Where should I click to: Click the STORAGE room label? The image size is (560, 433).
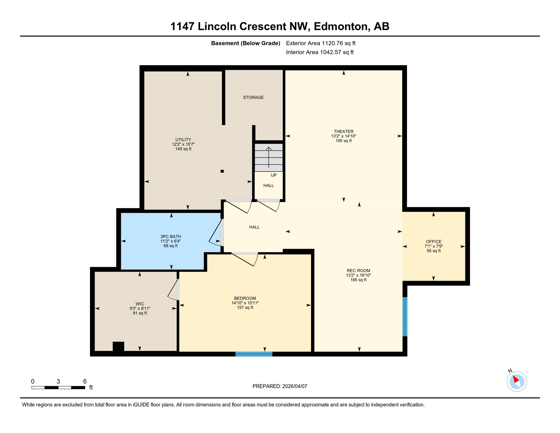click(x=253, y=97)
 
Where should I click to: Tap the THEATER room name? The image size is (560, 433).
click(x=343, y=131)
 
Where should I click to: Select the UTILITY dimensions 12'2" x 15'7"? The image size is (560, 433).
click(x=183, y=144)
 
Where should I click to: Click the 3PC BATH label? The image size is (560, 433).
click(x=171, y=237)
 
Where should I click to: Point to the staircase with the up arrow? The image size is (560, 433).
click(x=268, y=158)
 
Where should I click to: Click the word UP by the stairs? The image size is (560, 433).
click(x=274, y=175)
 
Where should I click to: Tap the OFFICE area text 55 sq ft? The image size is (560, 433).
click(x=434, y=251)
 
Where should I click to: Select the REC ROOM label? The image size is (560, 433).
click(x=358, y=271)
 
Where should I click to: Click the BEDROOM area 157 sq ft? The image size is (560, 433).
click(x=245, y=308)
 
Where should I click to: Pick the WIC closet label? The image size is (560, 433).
click(x=140, y=304)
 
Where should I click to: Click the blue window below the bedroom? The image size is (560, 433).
click(x=254, y=354)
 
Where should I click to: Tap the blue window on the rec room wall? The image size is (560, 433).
click(x=405, y=317)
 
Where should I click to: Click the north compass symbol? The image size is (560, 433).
click(x=517, y=381)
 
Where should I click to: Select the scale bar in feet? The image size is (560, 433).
click(x=58, y=388)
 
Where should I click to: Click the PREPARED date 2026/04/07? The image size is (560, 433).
click(x=280, y=386)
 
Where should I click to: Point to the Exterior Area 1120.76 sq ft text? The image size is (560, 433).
click(x=321, y=43)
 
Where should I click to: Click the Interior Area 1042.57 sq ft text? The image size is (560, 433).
click(x=320, y=52)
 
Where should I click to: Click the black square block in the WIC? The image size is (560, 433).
click(x=118, y=346)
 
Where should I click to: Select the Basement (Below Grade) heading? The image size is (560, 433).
click(x=245, y=43)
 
